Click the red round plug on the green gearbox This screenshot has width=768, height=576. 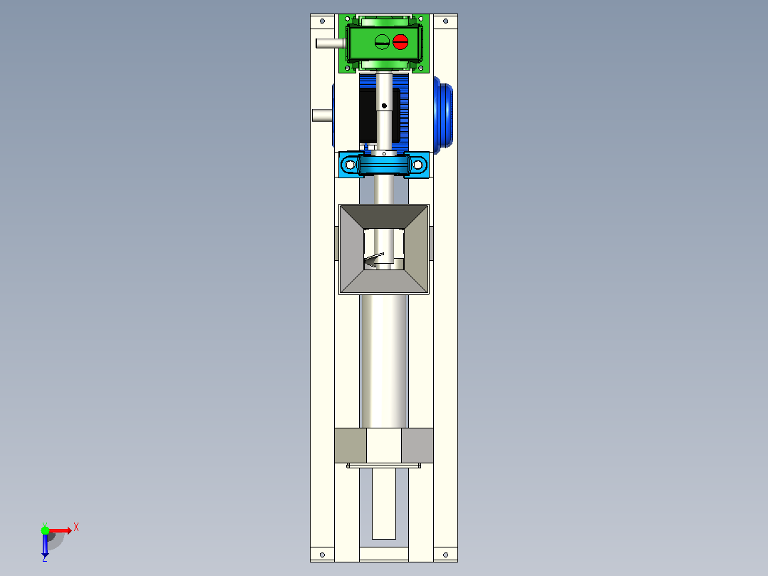coord(400,41)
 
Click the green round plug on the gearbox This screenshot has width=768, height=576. coord(382,41)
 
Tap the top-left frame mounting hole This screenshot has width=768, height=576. coord(322,21)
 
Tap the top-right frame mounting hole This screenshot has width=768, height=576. coord(445,21)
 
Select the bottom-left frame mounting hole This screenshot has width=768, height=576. coord(322,555)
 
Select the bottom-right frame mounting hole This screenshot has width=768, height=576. coord(445,555)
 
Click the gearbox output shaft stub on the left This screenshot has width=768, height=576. coord(331,43)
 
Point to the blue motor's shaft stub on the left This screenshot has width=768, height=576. coord(322,115)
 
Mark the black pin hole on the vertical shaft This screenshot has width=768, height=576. coord(384,106)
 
